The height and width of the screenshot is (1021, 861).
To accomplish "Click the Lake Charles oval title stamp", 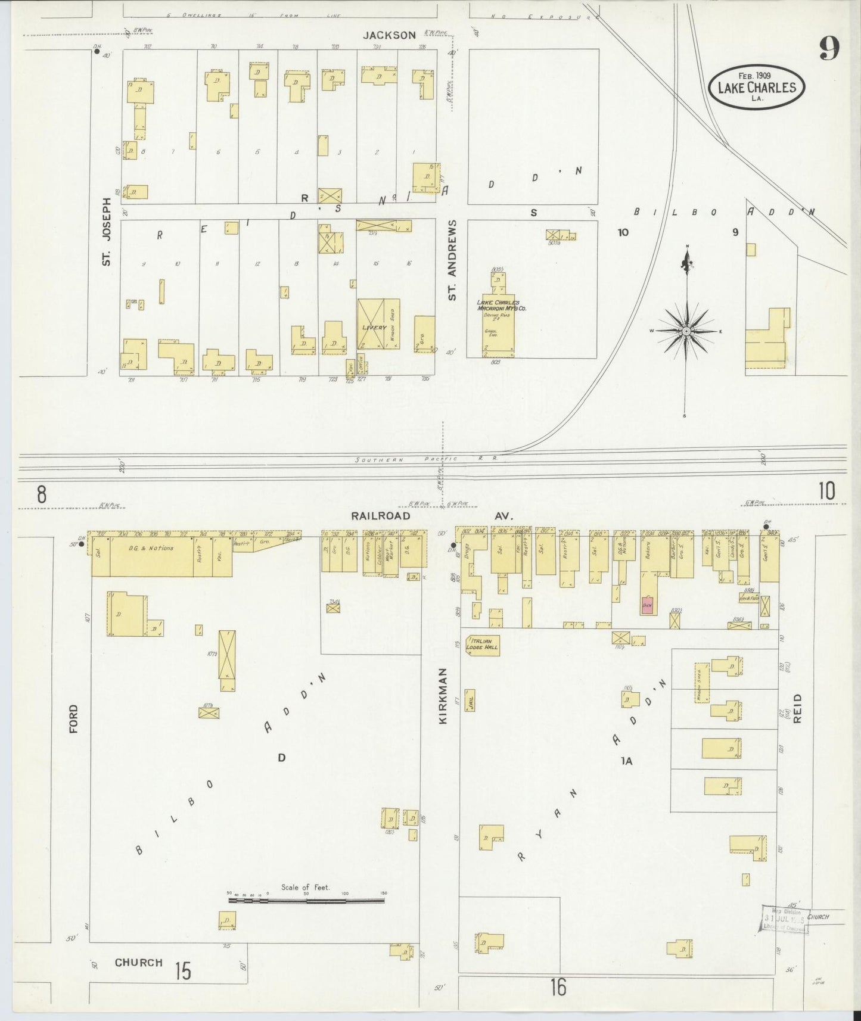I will (x=756, y=88).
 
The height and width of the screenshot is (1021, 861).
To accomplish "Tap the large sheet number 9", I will (x=829, y=48).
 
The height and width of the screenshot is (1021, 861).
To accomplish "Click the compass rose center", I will (x=686, y=331).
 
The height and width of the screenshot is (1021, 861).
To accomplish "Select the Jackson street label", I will (x=390, y=35).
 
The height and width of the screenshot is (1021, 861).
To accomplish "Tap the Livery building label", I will (x=374, y=328).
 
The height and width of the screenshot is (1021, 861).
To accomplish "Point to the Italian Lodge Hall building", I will (x=482, y=644).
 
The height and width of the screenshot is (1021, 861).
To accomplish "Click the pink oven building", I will (x=648, y=605).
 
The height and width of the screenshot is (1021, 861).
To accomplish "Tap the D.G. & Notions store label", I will (x=150, y=548).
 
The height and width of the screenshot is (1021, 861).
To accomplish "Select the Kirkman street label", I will (x=443, y=704).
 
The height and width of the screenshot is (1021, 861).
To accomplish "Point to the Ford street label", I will (x=73, y=718).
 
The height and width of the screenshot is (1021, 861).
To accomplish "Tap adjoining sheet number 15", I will (x=183, y=972).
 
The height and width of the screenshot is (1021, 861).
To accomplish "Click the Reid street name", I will (x=797, y=708).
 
